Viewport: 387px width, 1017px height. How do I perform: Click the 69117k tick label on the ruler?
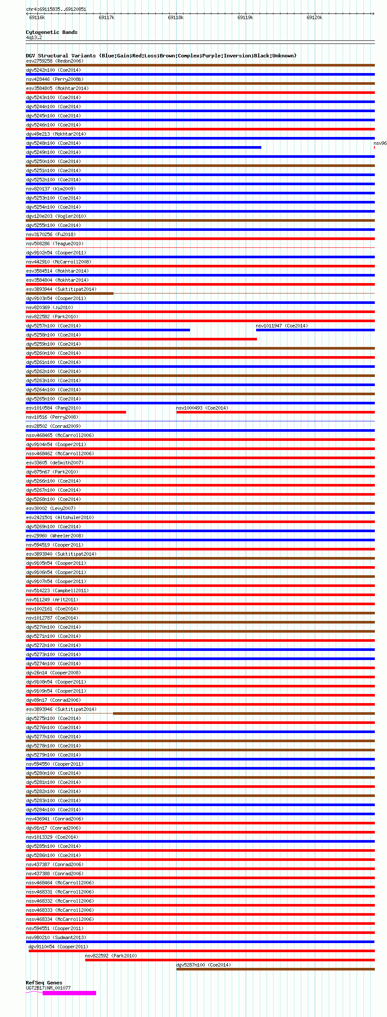[107, 18]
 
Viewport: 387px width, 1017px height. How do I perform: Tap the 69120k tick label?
[314, 18]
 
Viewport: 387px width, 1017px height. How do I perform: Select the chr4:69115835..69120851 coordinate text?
[56, 9]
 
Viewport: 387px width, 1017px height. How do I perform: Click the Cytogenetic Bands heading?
[51, 32]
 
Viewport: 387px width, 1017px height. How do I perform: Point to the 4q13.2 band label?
[34, 38]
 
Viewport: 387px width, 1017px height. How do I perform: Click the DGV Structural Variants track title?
[161, 56]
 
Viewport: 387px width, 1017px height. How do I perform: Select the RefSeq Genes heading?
[44, 983]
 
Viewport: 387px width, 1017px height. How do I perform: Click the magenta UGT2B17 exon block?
[70, 993]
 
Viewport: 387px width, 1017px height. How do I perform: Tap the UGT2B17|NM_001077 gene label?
[48, 988]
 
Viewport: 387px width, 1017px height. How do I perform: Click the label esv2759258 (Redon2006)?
[54, 61]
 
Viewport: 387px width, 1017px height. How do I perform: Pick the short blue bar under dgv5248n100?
[143, 147]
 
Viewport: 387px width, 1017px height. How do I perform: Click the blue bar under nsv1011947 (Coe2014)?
[315, 330]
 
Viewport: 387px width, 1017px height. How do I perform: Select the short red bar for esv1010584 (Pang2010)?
[76, 412]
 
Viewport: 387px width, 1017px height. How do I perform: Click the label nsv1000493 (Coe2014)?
[202, 408]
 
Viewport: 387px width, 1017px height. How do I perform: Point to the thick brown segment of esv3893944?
[70, 293]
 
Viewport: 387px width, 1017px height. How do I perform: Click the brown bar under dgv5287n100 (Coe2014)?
[275, 969]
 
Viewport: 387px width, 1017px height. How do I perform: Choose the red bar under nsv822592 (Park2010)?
[230, 960]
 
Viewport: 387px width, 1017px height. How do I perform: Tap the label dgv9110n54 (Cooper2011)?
[58, 947]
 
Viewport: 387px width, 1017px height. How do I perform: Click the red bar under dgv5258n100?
[141, 339]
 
